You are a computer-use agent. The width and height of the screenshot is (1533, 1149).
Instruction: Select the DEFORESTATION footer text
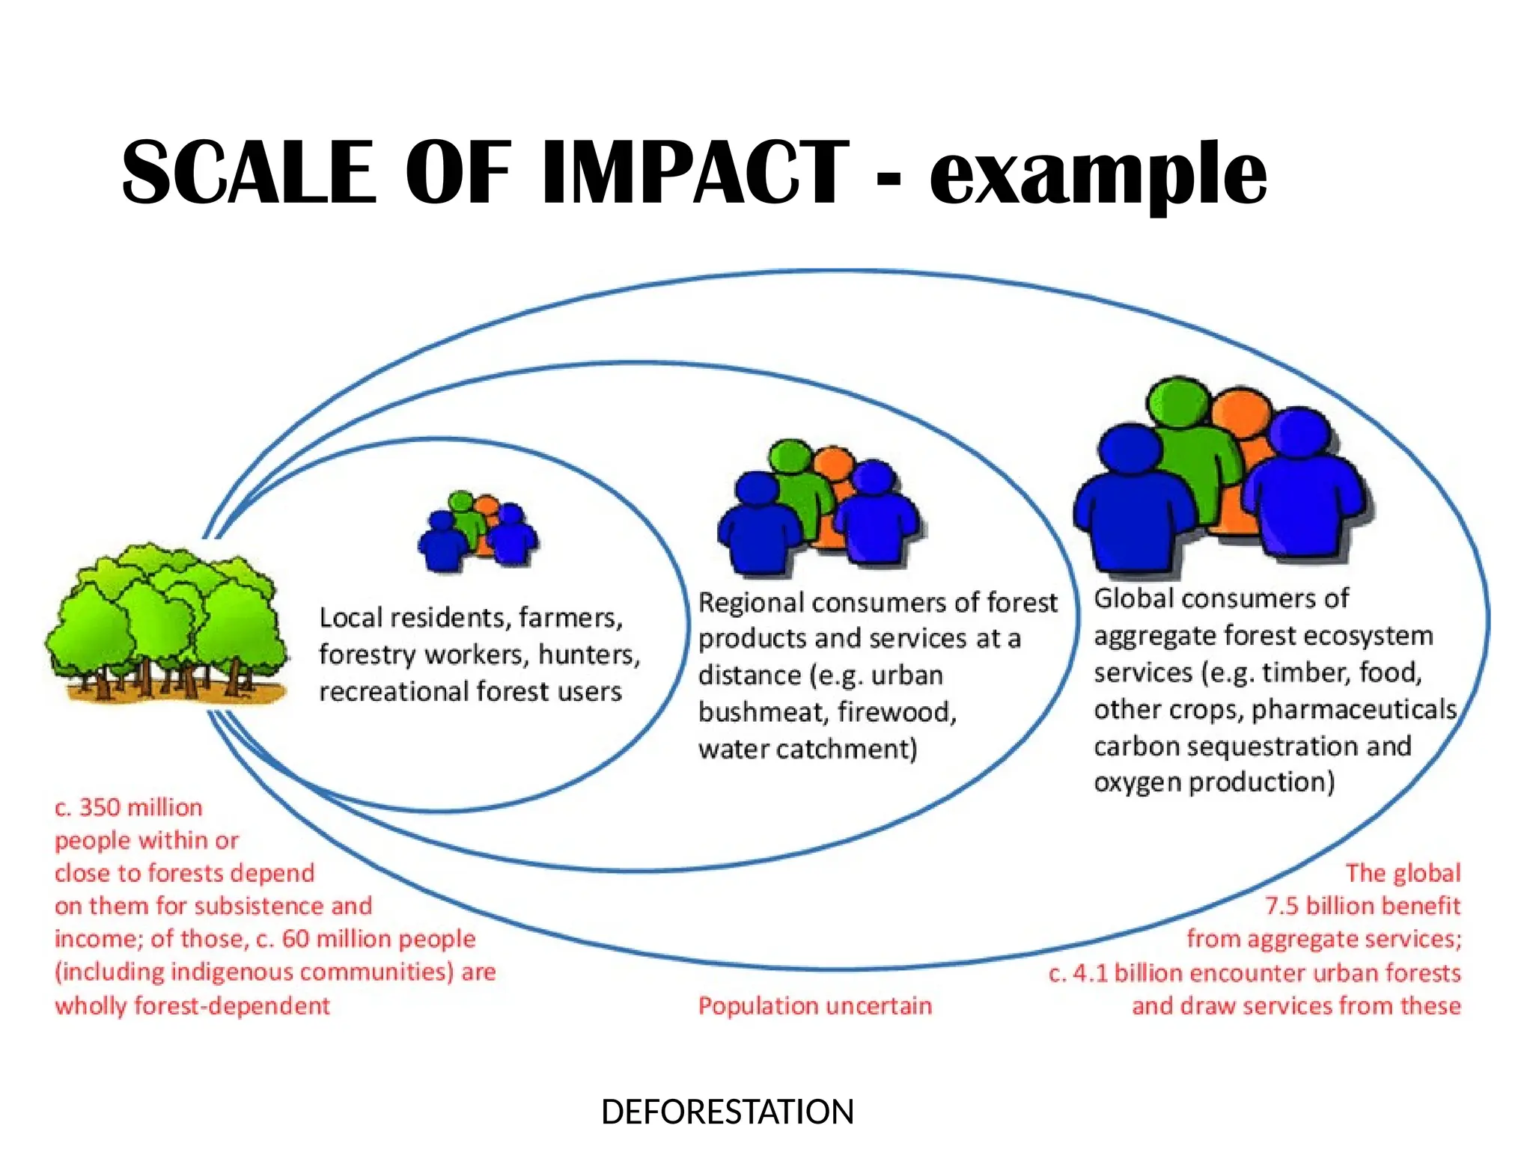727,1112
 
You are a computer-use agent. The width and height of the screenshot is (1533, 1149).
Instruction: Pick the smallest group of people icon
478,531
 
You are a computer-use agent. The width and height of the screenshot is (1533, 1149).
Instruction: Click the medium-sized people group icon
819,509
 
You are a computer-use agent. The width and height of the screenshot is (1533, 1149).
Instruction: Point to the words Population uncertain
814,1005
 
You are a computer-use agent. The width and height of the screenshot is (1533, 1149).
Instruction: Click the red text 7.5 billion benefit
1362,906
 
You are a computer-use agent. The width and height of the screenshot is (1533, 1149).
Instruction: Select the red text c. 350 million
129,807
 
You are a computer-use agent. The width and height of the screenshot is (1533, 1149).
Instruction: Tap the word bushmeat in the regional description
762,711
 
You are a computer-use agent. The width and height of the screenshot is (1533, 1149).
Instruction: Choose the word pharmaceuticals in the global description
1353,709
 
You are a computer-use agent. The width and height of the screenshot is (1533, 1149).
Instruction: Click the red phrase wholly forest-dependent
192,1005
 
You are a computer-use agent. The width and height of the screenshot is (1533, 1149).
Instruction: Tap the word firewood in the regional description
896,711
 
